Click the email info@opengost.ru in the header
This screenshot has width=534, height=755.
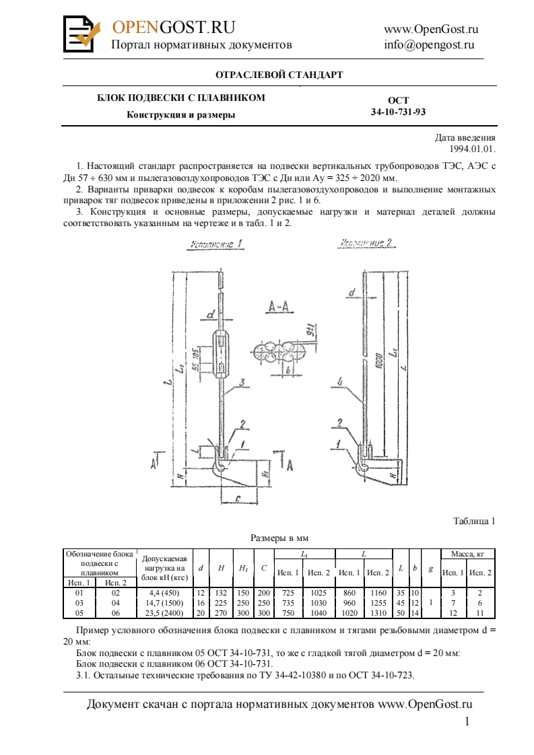tap(429, 45)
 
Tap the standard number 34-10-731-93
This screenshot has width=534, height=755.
tap(398, 112)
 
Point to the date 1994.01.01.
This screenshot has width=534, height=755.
tap(473, 149)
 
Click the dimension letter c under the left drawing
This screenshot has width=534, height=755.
tap(239, 497)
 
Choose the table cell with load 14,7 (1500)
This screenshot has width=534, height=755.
tap(163, 604)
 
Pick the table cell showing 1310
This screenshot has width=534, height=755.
tap(378, 613)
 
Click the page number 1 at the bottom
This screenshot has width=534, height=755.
tap(467, 722)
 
